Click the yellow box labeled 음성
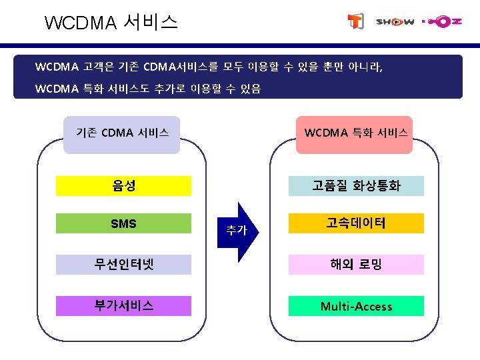(123, 185)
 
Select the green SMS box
(123, 223)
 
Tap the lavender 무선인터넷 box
(123, 265)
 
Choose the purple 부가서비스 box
(123, 306)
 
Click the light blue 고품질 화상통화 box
(356, 186)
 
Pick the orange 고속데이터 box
(356, 223)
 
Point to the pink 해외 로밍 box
(356, 265)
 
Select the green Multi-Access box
(356, 306)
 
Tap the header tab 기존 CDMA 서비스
(122, 133)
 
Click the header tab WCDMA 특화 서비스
(356, 133)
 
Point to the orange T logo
(356, 22)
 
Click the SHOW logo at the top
(395, 21)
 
